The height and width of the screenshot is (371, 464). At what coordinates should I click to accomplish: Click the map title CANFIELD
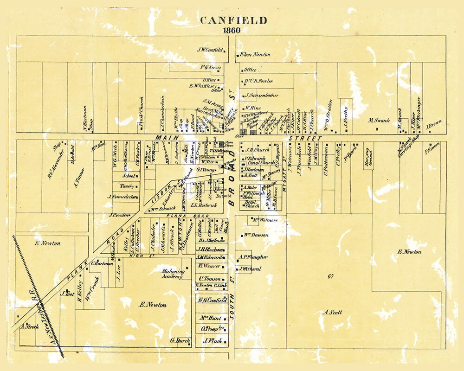[233, 20]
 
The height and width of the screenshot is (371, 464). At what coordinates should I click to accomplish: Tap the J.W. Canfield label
[210, 50]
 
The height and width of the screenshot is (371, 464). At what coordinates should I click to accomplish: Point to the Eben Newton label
[255, 55]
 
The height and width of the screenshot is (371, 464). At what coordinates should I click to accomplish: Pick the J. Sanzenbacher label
[263, 96]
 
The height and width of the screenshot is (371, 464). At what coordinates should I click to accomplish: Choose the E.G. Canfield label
[212, 300]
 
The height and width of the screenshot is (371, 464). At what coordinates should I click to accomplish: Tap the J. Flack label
[211, 341]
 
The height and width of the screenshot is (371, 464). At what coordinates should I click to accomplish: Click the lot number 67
[331, 276]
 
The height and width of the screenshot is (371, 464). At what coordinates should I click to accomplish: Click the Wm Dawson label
[255, 235]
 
